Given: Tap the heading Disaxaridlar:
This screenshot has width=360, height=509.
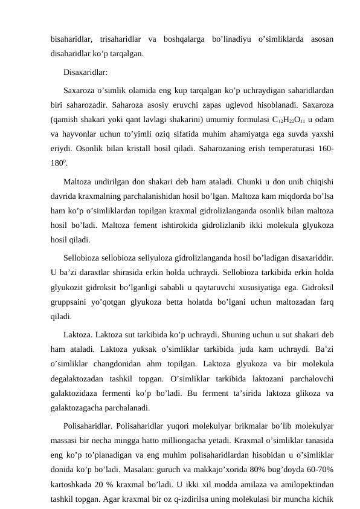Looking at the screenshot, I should (x=85, y=73).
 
